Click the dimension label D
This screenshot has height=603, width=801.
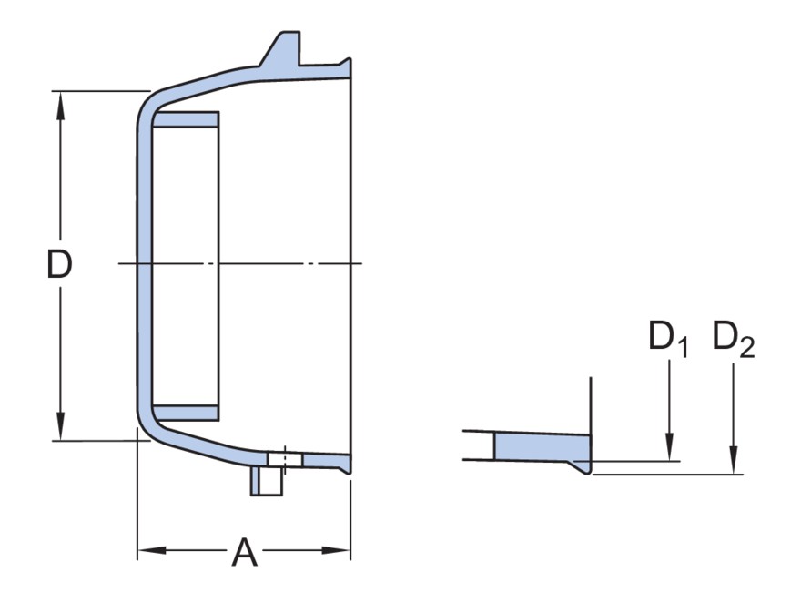point(59,263)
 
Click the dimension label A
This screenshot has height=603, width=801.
point(244,552)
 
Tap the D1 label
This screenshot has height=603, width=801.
point(668,338)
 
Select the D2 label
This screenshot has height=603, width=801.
point(734,338)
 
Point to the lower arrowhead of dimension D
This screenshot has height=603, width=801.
point(61,425)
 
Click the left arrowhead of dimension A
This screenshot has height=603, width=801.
point(152,550)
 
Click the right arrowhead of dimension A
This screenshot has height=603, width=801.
point(336,550)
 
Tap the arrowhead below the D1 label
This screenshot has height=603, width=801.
point(669,446)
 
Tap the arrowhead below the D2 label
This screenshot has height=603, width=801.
point(734,460)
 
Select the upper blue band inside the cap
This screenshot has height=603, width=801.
point(186,119)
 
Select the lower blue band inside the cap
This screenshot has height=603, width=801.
point(186,413)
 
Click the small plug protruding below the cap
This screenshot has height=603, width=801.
point(266,480)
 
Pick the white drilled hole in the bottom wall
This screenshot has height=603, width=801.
point(285,459)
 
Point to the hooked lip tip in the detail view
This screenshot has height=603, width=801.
point(587,471)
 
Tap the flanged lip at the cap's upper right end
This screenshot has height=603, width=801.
point(345,67)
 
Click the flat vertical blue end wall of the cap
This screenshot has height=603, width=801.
point(145,266)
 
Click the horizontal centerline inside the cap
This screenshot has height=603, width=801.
point(240,263)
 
